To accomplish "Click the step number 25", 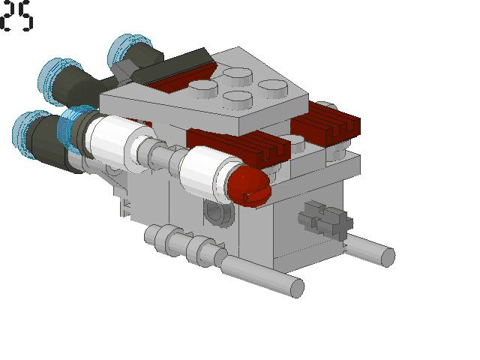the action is (x=16, y=16).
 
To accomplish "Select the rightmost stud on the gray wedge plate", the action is (x=273, y=87).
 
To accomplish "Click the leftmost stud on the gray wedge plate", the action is (x=202, y=88).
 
